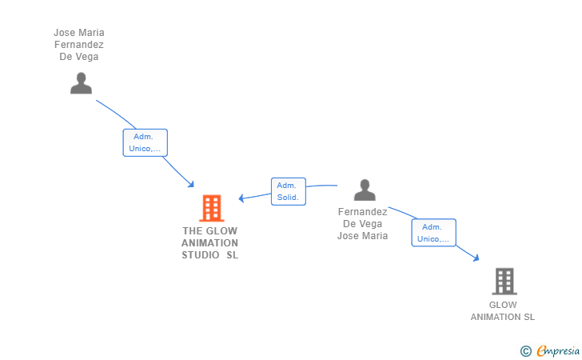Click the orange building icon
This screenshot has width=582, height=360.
(x=211, y=208)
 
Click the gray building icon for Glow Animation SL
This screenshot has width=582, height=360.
(x=504, y=281)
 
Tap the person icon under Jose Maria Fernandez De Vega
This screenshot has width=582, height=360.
(x=81, y=83)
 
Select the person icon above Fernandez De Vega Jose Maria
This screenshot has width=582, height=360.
(x=365, y=190)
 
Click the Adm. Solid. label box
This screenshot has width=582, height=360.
(x=288, y=190)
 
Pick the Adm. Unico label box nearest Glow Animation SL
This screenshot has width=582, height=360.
(x=433, y=233)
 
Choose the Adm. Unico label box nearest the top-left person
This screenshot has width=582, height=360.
(x=145, y=142)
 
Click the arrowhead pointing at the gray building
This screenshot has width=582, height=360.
(x=476, y=258)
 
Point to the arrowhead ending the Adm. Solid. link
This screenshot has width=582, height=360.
(x=242, y=198)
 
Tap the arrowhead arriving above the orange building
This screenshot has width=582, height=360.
(x=192, y=185)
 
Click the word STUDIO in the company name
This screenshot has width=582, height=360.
(x=201, y=255)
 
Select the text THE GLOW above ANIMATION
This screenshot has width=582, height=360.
(x=209, y=231)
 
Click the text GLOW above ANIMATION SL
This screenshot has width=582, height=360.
(x=503, y=305)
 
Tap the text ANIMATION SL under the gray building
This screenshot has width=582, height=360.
(x=502, y=317)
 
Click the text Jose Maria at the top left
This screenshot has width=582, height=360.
(x=78, y=33)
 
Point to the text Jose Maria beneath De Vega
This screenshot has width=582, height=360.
(x=362, y=235)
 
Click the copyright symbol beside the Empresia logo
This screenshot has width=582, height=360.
(x=525, y=350)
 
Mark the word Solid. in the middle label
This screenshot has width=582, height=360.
(x=288, y=197)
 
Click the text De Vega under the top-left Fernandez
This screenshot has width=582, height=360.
(x=78, y=57)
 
